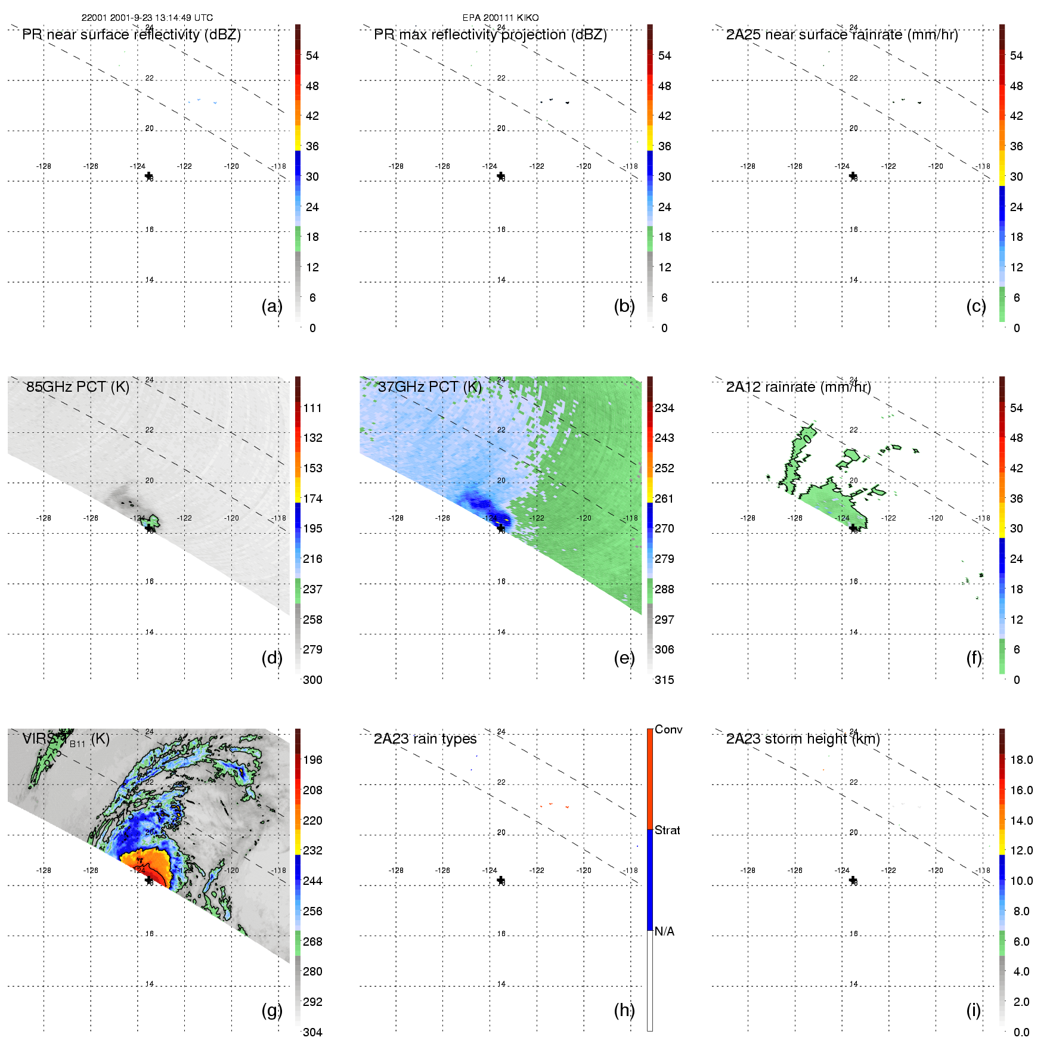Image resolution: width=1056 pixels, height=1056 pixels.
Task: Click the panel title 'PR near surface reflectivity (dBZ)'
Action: coord(131,35)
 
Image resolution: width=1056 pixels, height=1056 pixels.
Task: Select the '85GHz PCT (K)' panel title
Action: coord(78,387)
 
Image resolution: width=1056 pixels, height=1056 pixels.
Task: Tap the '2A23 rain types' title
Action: coord(425,739)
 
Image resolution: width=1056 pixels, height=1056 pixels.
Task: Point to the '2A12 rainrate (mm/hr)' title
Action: coord(798,387)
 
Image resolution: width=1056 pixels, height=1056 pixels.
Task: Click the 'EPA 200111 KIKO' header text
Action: coord(500,18)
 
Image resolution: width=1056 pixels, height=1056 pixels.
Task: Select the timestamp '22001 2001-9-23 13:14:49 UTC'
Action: coord(147,18)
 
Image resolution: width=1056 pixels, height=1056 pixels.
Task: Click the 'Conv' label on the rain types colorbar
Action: coord(668,729)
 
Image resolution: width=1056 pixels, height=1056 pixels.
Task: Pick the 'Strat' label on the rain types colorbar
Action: coord(667,830)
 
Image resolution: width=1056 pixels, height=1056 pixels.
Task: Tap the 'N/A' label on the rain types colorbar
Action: coord(664,931)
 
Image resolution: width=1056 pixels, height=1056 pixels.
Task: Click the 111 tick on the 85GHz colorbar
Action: coord(312,408)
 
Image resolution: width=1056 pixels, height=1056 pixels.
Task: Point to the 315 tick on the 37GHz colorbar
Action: coord(664,680)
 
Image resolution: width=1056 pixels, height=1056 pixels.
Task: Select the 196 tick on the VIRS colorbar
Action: coord(312,760)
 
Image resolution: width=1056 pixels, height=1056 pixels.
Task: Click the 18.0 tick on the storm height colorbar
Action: coord(1021,760)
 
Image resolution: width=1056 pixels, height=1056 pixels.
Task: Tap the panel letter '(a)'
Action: coord(271,306)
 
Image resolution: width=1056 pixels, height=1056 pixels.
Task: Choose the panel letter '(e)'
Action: coord(624,658)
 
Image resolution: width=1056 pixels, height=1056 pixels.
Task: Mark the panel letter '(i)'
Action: coord(973,1010)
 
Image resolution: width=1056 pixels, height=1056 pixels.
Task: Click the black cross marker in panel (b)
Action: coord(501,176)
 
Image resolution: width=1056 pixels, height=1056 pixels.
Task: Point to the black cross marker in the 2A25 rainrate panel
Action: coord(853,176)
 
